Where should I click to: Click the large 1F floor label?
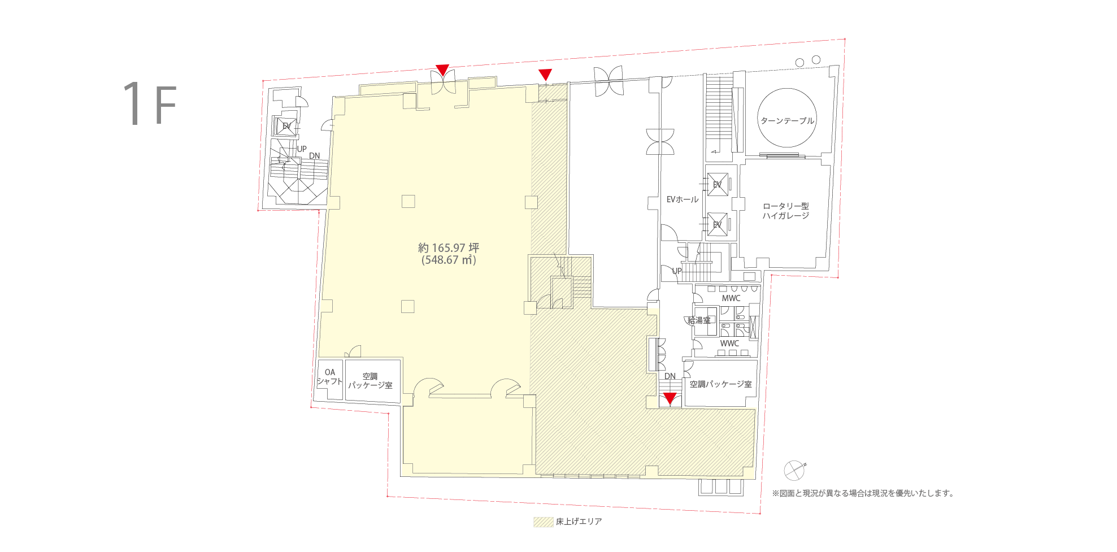tap(150, 103)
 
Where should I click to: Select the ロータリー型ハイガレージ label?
tap(786, 211)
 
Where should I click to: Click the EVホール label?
tap(683, 199)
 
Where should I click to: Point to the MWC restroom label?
tap(731, 298)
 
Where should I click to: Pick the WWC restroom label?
tap(729, 344)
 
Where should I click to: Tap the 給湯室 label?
tap(699, 320)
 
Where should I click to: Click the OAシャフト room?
tap(330, 380)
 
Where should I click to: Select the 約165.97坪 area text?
tap(449, 248)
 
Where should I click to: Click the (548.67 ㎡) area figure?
tap(449, 260)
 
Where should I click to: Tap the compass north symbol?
tap(794, 470)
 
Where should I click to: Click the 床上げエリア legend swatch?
tap(544, 522)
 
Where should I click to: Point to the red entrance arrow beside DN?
tap(670, 399)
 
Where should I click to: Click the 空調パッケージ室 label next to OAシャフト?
tap(370, 381)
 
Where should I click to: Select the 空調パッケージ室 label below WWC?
tap(721, 384)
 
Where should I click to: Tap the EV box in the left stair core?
tap(286, 126)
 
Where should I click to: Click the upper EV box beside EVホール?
tap(718, 185)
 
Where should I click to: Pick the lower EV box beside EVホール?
tap(718, 224)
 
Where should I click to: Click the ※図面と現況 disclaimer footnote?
tap(863, 493)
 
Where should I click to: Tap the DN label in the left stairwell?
tap(314, 156)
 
